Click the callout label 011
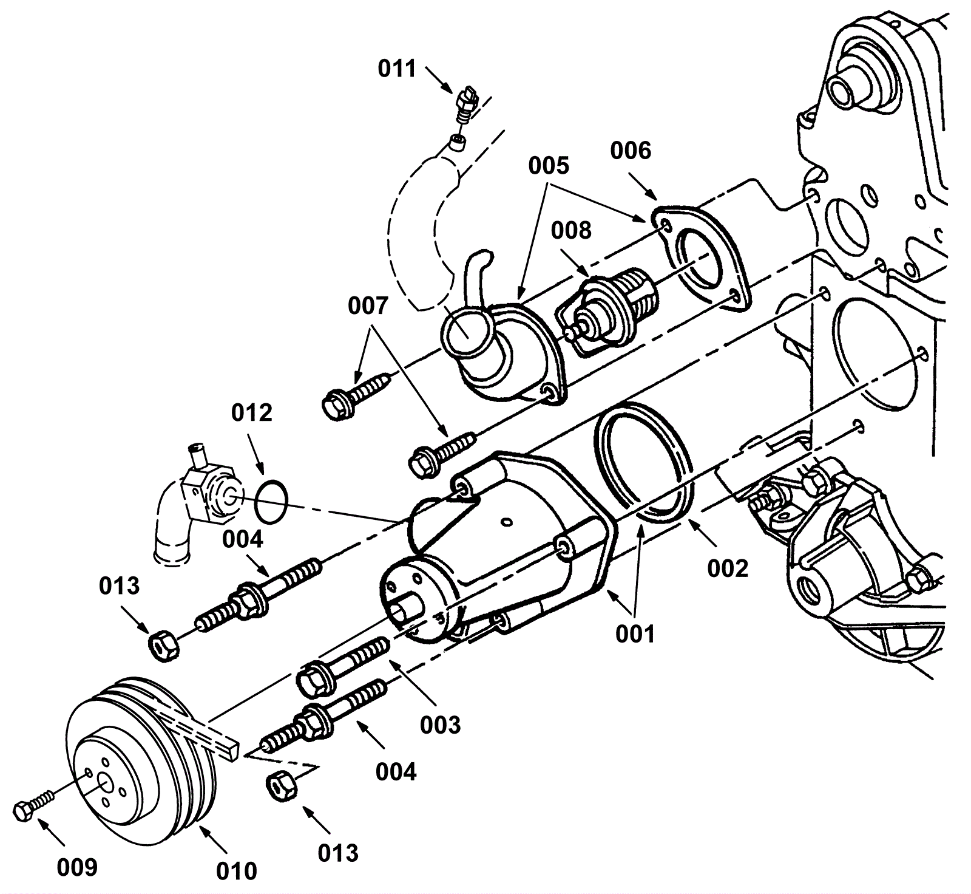point(397,69)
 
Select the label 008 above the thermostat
point(570,230)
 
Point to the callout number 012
point(251,413)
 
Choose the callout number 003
point(440,725)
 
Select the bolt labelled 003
point(342,667)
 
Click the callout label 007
point(367,305)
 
